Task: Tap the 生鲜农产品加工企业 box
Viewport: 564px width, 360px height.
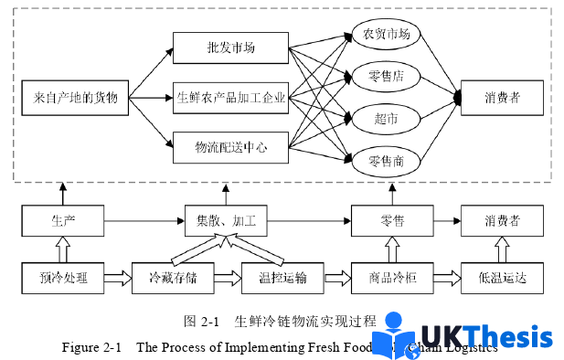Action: pyautogui.click(x=231, y=96)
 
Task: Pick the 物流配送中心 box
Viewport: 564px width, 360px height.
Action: pyautogui.click(x=231, y=144)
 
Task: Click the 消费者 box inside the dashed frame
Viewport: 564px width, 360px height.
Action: pyautogui.click(x=503, y=96)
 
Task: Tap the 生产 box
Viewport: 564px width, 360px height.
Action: pyautogui.click(x=63, y=220)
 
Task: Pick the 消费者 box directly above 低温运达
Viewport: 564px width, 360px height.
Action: pyautogui.click(x=503, y=220)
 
